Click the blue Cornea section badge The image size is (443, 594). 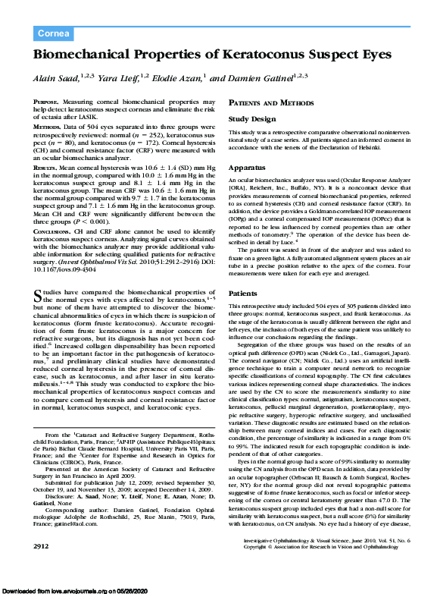(54, 33)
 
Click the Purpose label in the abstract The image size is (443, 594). (47, 102)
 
